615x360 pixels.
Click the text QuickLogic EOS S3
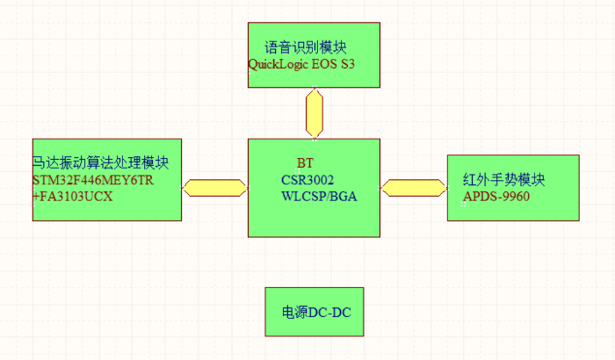tap(301, 64)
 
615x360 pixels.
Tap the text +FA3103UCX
tap(73, 198)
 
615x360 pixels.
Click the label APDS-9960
tap(496, 197)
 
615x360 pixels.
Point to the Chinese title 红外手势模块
tap(504, 180)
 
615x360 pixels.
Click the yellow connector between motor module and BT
tap(214, 187)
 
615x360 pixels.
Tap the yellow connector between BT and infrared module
tap(414, 187)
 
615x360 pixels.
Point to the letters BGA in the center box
tap(341, 197)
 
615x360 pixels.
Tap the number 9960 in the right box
tap(513, 197)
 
